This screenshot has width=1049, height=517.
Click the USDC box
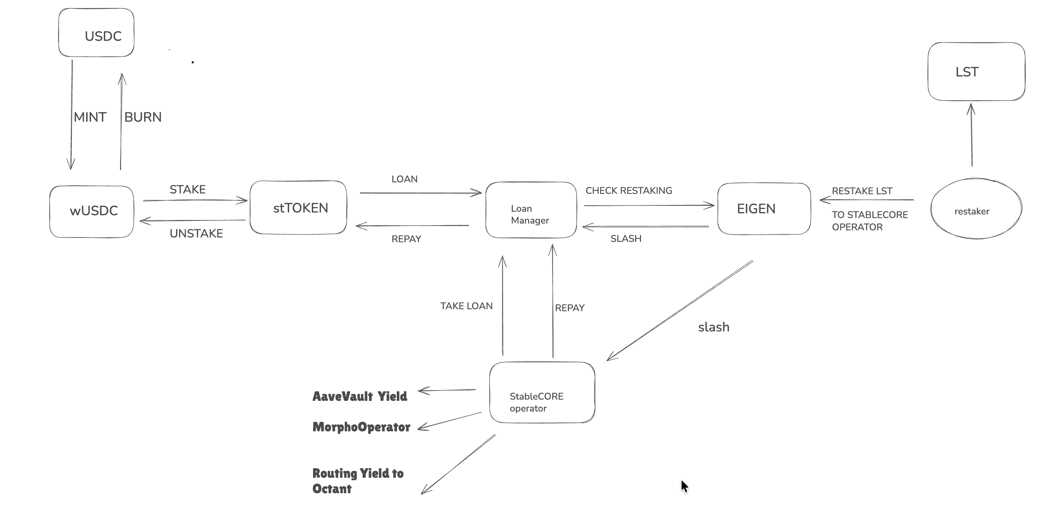tap(96, 33)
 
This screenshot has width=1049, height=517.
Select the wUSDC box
tap(92, 211)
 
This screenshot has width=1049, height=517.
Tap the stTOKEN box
tap(298, 208)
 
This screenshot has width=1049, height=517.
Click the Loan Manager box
tap(530, 210)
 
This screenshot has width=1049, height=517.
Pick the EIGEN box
tap(763, 209)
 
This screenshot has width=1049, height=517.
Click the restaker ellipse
tap(976, 209)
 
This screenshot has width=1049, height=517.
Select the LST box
tap(976, 72)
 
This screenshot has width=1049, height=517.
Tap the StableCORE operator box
tap(542, 393)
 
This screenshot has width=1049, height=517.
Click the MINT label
tap(90, 117)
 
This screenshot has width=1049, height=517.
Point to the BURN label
tap(143, 117)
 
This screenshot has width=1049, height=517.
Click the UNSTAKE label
tap(196, 234)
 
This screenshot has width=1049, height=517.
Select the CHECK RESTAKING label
tap(628, 191)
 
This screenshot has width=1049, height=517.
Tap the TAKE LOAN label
tap(466, 306)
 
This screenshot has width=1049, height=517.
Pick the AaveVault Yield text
tap(359, 396)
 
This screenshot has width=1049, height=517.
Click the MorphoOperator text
tap(361, 427)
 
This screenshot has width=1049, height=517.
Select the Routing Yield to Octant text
tap(357, 481)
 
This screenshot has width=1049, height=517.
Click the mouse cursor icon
tap(684, 486)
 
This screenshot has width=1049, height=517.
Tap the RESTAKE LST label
tap(862, 191)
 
